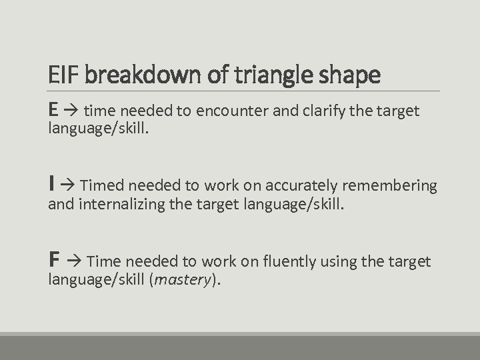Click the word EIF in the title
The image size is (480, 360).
click(64, 75)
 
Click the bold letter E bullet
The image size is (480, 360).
click(53, 109)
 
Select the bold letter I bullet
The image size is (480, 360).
click(51, 184)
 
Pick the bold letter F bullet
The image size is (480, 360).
click(53, 260)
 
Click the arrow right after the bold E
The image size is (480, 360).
click(71, 111)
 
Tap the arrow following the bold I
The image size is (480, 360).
click(68, 185)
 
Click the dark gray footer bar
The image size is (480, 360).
click(240, 347)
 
